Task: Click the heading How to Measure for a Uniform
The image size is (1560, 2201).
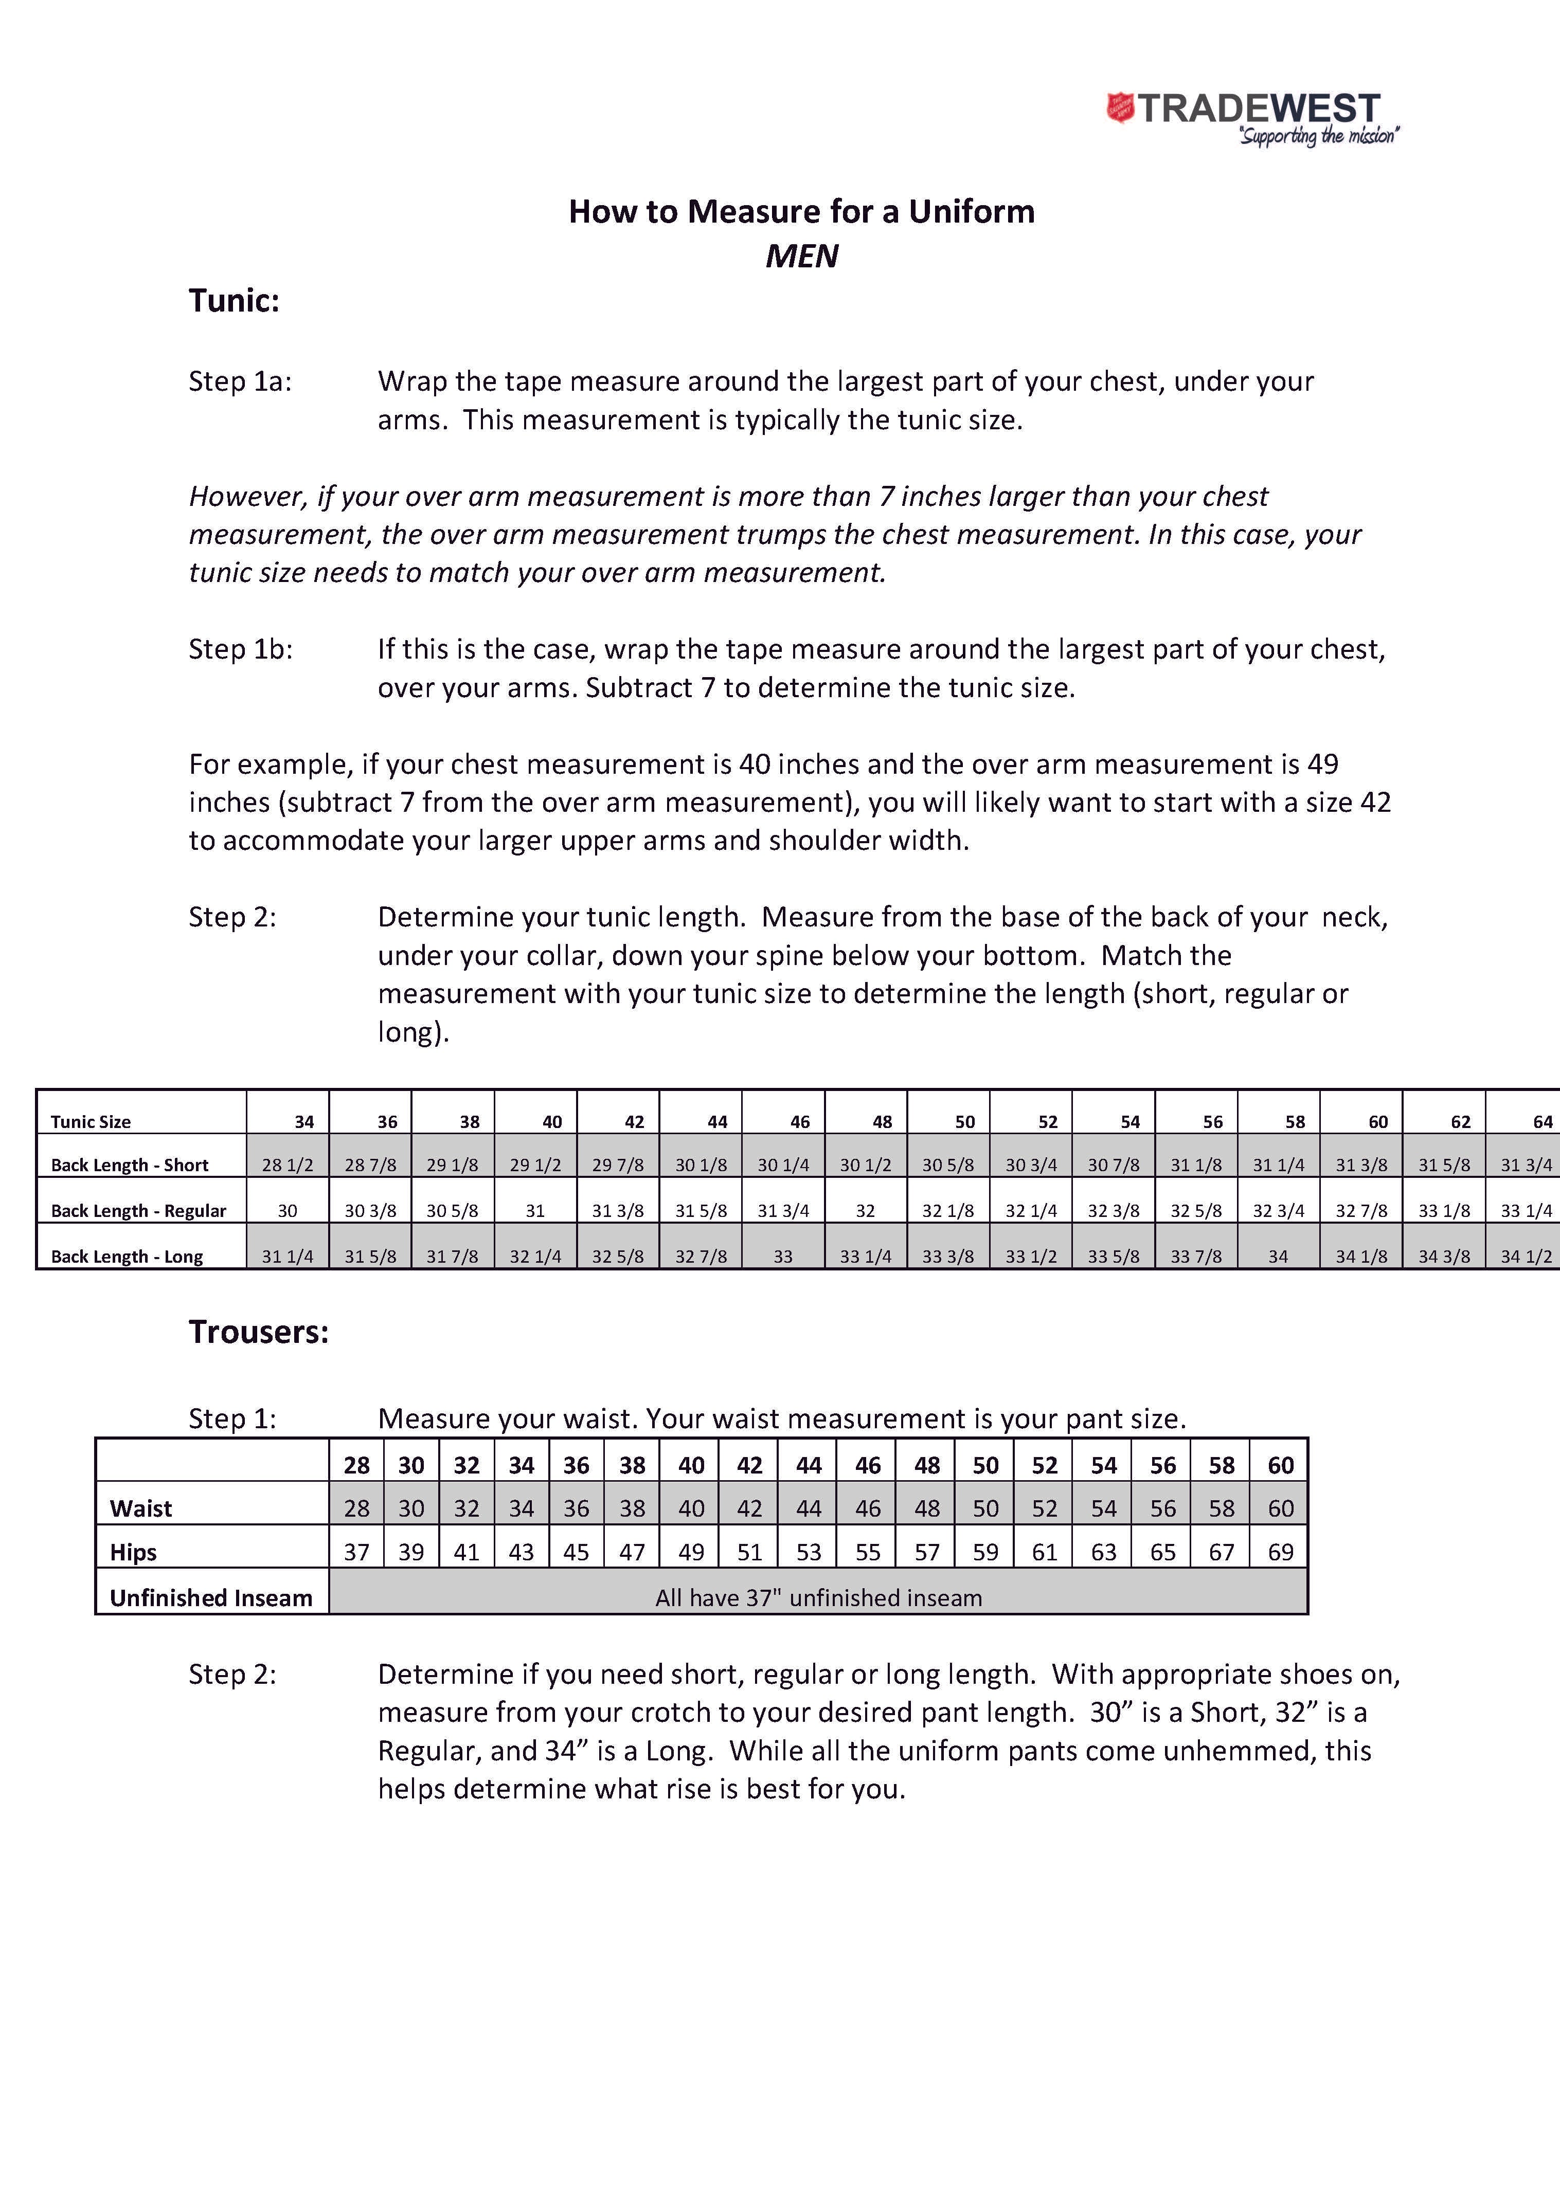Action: pyautogui.click(x=801, y=211)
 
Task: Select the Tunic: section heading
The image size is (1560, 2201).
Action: pyautogui.click(x=234, y=301)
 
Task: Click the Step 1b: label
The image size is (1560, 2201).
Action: pyautogui.click(x=240, y=649)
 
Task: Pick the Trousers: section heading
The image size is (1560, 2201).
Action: pyautogui.click(x=258, y=1332)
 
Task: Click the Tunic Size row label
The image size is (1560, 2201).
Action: pyautogui.click(x=91, y=1122)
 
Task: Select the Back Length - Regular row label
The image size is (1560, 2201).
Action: pyautogui.click(x=138, y=1211)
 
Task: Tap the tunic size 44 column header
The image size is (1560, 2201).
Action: pyautogui.click(x=716, y=1122)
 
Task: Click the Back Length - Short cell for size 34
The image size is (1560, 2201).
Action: pyautogui.click(x=287, y=1165)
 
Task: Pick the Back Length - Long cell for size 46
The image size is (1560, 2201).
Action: pyautogui.click(x=783, y=1256)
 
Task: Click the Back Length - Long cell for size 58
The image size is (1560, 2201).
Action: pyautogui.click(x=1278, y=1256)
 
